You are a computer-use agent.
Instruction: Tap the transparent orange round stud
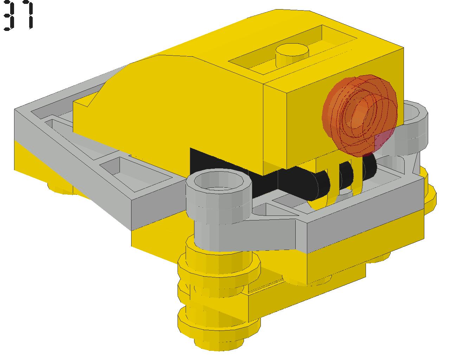tap(359, 115)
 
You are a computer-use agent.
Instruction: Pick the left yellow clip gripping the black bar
tap(328, 184)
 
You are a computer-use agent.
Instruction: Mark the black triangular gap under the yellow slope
tap(220, 163)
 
